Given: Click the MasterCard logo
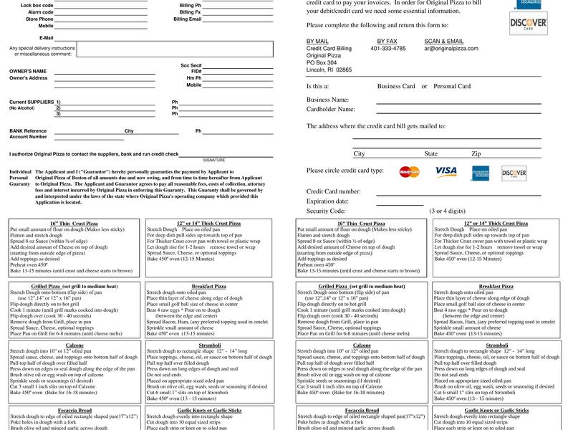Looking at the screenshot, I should pyautogui.click(x=410, y=172).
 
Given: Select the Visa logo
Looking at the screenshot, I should pyautogui.click(x=446, y=172).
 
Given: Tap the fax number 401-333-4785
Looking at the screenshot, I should pyautogui.click(x=387, y=49).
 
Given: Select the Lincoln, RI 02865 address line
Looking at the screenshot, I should pyautogui.click(x=329, y=70).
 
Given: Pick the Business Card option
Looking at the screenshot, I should pyautogui.click(x=396, y=87).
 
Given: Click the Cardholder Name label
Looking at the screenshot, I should pyautogui.click(x=330, y=110).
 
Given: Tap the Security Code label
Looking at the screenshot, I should pyautogui.click(x=326, y=211).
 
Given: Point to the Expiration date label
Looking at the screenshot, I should pyautogui.click(x=327, y=202).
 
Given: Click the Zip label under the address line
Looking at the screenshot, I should pyautogui.click(x=476, y=154).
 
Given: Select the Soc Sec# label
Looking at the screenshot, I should pyautogui.click(x=191, y=64).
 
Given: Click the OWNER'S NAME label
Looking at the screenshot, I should pyautogui.click(x=28, y=72).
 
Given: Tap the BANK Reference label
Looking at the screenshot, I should pyautogui.click(x=28, y=131).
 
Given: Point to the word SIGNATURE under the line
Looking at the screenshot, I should pyautogui.click(x=213, y=160).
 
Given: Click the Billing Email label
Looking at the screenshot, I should pyautogui.click(x=187, y=19).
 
